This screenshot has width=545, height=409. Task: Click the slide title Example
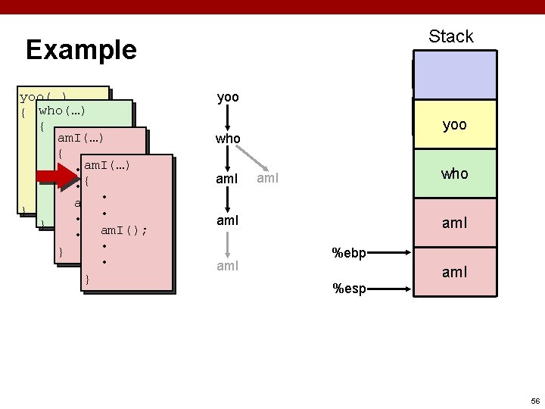[x=81, y=50]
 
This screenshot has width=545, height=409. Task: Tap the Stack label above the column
[x=450, y=36]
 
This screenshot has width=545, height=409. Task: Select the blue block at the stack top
[x=454, y=75]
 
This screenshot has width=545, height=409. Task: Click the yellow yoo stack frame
[x=454, y=125]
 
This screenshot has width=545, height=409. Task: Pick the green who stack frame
[x=454, y=173]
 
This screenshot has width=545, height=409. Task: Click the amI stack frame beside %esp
[x=454, y=271]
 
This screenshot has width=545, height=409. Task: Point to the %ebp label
[x=350, y=253]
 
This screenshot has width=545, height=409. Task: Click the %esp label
[x=349, y=288]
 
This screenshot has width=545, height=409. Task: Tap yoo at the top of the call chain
[x=228, y=98]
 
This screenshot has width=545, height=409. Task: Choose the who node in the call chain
[x=228, y=139]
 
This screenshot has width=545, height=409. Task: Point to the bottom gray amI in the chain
[x=228, y=266]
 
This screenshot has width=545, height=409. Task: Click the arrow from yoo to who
[x=228, y=118]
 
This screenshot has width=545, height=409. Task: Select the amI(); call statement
[x=124, y=230]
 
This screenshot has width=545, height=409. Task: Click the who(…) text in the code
[x=61, y=111]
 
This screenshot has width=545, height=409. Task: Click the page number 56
[x=534, y=400]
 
